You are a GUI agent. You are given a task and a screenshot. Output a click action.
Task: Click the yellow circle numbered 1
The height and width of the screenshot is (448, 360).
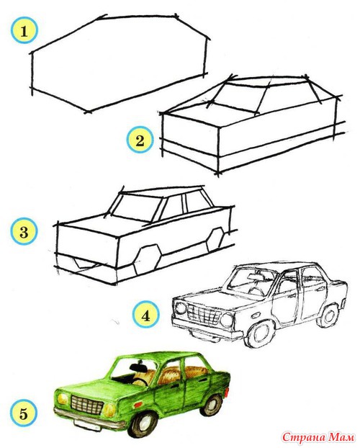click(24, 30)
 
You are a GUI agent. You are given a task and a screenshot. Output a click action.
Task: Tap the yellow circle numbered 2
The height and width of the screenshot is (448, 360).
click(140, 140)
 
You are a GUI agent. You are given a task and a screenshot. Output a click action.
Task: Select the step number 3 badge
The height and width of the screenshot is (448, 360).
click(24, 232)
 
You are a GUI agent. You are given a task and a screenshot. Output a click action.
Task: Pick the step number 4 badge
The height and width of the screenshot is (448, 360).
click(145, 315)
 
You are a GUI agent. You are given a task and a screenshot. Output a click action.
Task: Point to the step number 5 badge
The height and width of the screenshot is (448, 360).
click(24, 413)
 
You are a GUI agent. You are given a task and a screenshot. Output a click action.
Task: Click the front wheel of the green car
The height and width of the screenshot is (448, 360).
click(145, 424)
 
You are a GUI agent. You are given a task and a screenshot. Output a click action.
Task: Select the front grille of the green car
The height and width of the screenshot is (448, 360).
click(86, 405)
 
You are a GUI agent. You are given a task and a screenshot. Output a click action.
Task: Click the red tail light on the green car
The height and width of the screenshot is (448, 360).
click(227, 392)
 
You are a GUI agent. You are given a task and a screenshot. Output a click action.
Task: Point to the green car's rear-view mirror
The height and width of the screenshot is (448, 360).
click(138, 366)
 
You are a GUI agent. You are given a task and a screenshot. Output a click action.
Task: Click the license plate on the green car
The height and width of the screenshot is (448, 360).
click(86, 425)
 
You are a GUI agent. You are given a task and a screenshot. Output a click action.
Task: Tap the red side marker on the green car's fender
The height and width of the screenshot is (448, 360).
click(138, 404)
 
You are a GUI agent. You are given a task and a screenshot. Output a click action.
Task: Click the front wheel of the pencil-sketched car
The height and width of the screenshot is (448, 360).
click(259, 333)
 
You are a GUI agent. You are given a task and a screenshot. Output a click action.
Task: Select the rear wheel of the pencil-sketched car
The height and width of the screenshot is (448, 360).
click(328, 315)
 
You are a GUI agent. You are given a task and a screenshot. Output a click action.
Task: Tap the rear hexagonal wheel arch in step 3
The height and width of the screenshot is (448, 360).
click(215, 239)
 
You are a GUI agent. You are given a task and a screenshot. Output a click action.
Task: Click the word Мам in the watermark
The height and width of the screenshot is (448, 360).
click(341, 437)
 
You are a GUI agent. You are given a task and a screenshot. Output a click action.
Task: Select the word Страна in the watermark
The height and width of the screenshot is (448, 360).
click(303, 438)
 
